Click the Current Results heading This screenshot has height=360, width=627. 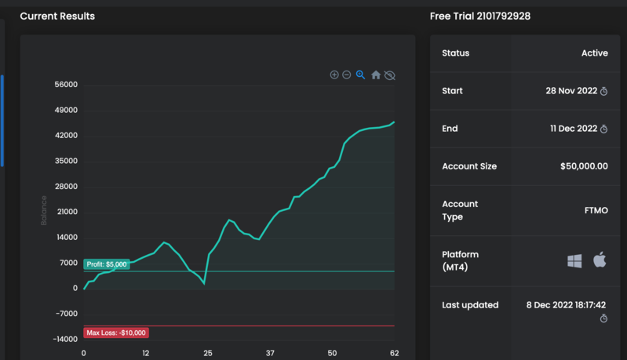(x=57, y=16)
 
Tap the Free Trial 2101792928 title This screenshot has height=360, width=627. (x=479, y=16)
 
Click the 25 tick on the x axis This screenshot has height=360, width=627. (x=208, y=354)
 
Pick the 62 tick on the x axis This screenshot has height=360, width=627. (x=393, y=354)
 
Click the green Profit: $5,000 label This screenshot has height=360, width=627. (x=107, y=264)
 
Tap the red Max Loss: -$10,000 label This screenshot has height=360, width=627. (x=116, y=333)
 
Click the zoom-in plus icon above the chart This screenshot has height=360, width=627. (x=334, y=75)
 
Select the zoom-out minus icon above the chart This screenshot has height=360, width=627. (x=347, y=75)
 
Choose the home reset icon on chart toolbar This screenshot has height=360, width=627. (x=376, y=75)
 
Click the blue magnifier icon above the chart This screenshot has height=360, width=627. (x=361, y=75)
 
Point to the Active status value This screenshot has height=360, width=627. (x=594, y=53)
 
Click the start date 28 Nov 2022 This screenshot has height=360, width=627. (x=571, y=91)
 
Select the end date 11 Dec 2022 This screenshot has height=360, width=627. (x=574, y=129)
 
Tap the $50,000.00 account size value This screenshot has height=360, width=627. (x=584, y=166)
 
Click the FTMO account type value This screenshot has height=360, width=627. (x=596, y=210)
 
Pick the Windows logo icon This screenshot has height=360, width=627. (x=574, y=261)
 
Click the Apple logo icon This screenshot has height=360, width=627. (x=600, y=260)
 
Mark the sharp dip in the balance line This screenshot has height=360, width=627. (x=204, y=283)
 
